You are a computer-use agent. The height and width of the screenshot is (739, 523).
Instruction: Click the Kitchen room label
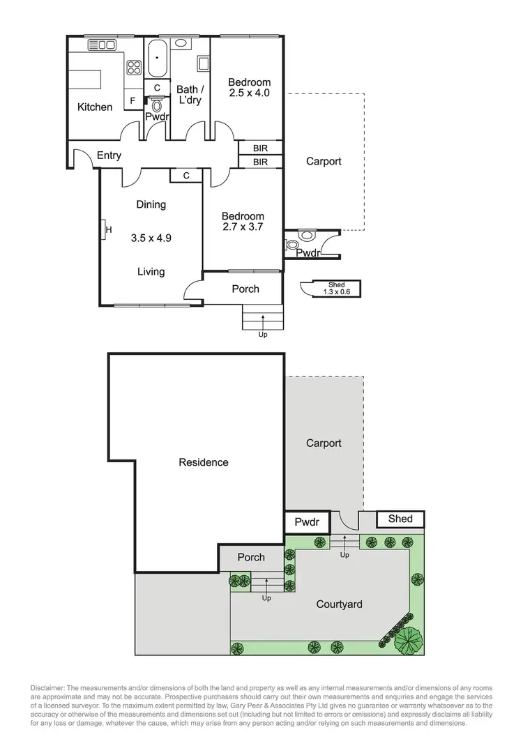94,107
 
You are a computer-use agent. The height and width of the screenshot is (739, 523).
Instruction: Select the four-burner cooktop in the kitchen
133,68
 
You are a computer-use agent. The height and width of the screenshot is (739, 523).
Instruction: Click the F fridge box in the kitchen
132,101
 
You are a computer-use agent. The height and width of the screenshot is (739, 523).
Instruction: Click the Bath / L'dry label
190,95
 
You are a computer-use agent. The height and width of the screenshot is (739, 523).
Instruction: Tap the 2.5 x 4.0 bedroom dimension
249,93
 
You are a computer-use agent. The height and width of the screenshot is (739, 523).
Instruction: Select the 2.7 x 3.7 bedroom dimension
243,227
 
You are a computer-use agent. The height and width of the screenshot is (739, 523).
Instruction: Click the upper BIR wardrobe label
260,148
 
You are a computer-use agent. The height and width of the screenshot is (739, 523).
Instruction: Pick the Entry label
109,155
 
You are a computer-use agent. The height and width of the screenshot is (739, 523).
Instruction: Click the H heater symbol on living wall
107,229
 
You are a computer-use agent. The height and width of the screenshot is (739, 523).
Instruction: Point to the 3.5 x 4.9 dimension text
151,237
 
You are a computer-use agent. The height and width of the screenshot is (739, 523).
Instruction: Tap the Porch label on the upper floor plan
245,289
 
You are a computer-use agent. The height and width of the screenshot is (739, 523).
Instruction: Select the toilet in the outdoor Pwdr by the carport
305,237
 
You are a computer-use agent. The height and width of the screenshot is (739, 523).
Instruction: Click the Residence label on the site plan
204,462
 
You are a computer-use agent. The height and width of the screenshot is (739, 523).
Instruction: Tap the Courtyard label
339,604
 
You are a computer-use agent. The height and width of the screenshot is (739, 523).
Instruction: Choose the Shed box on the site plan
400,519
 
